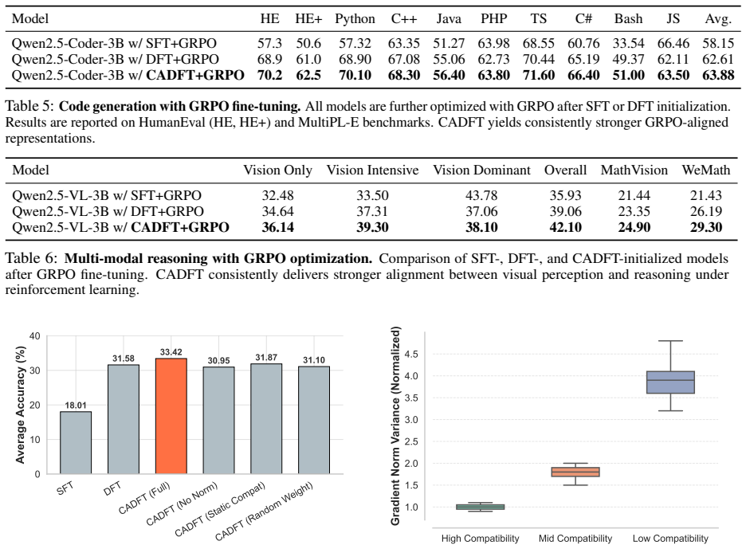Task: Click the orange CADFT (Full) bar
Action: tap(171, 416)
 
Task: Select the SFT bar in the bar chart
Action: tap(76, 442)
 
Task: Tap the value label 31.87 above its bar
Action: tap(266, 357)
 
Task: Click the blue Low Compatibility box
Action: tap(670, 382)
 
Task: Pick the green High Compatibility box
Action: tap(480, 507)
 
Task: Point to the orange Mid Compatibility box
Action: tap(575, 472)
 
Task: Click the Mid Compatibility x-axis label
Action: tap(575, 539)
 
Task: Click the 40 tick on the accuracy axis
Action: tap(35, 336)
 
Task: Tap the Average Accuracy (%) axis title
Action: tap(20, 404)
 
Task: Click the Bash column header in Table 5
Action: tap(628, 19)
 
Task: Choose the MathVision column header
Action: tap(634, 171)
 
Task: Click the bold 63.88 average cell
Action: tap(718, 75)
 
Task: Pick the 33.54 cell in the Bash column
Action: tap(628, 43)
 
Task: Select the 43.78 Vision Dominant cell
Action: tap(481, 195)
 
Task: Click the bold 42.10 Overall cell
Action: tap(565, 227)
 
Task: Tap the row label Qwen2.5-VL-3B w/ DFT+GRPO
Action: tap(108, 211)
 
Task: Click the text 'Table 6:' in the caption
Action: tap(31, 258)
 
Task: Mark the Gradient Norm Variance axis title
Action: tap(395, 425)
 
